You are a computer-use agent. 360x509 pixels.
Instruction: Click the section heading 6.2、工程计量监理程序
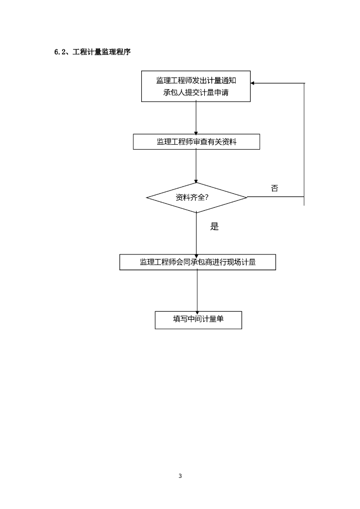click(92, 52)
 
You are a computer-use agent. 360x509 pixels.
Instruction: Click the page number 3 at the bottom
click(180, 476)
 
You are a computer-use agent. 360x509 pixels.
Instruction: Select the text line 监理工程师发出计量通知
click(196, 81)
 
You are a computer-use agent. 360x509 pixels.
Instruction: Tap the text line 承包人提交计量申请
click(196, 93)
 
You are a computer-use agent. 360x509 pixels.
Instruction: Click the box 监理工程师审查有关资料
click(196, 142)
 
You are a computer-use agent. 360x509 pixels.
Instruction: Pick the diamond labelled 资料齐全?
click(196, 197)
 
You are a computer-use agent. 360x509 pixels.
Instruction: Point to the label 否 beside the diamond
click(274, 188)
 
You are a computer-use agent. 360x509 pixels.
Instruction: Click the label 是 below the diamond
click(214, 227)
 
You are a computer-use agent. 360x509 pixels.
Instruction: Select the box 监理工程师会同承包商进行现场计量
click(197, 262)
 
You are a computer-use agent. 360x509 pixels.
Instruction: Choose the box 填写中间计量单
click(198, 320)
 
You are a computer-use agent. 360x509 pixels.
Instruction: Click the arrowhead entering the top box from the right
click(254, 84)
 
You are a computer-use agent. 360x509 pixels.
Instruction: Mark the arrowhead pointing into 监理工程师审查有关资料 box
click(196, 132)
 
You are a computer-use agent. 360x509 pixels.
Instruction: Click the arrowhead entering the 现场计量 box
click(197, 252)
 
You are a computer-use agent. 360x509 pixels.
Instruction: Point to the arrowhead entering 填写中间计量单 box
click(197, 309)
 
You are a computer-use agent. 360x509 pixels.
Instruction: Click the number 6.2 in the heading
click(61, 52)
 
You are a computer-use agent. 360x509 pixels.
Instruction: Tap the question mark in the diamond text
click(206, 197)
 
